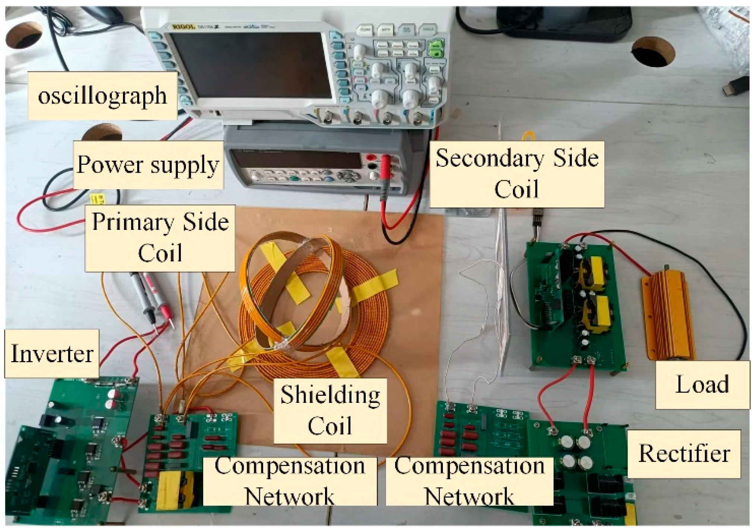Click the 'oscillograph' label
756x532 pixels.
(x=102, y=96)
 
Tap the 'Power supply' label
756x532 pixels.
(x=148, y=165)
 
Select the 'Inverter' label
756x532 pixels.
(x=52, y=353)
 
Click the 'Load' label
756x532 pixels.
(x=702, y=384)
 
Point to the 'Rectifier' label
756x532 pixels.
(x=684, y=454)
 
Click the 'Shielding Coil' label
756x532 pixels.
(x=330, y=410)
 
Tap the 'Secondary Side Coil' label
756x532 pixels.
(x=517, y=173)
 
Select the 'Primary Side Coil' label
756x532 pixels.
(x=160, y=238)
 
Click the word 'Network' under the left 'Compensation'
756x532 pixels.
(x=290, y=496)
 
